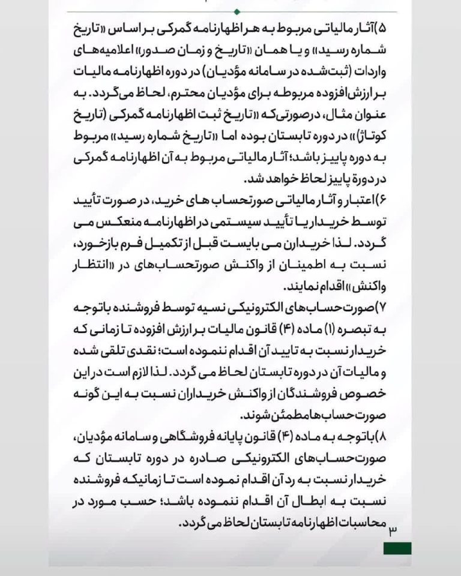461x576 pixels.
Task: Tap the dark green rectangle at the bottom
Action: tap(397, 548)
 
